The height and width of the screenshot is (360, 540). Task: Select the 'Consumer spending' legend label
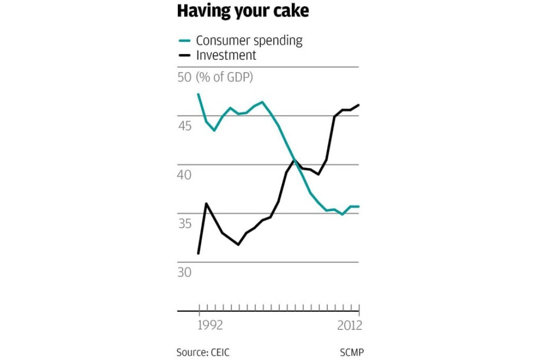(249, 41)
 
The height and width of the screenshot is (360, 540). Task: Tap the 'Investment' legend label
(226, 55)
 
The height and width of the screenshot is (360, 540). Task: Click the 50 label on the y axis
(184, 77)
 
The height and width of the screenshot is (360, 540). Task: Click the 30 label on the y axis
(184, 272)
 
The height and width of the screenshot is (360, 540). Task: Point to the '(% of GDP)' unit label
(224, 77)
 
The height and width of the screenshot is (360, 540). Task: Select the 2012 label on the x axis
(349, 325)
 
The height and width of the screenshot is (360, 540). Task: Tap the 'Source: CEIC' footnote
(203, 352)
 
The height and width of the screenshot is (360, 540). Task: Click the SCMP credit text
(352, 352)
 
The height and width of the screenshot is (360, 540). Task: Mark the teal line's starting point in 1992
(199, 94)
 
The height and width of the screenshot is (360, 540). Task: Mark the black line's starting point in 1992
(199, 254)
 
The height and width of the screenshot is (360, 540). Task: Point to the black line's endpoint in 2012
(359, 105)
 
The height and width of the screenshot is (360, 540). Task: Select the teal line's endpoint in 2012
(359, 206)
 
